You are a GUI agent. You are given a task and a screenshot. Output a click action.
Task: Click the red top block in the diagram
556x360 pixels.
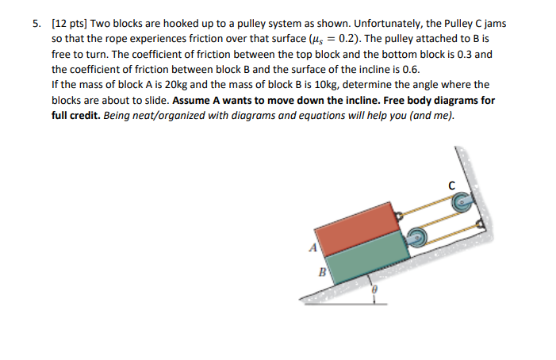(x=357, y=226)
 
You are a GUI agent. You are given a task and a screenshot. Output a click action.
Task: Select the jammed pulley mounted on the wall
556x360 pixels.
(x=461, y=205)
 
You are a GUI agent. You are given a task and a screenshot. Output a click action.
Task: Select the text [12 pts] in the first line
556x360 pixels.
(x=69, y=23)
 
